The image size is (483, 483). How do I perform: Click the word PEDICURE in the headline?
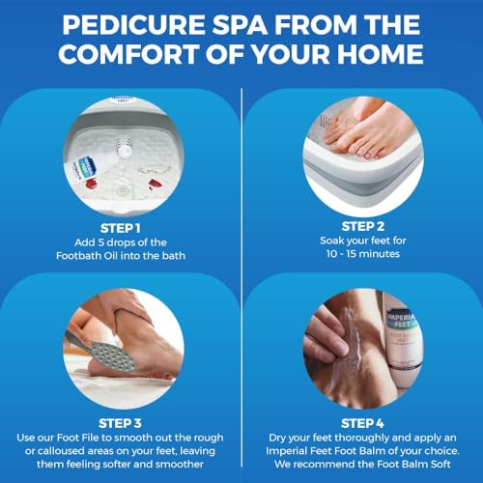[x=133, y=25]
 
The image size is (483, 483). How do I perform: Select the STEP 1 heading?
[x=121, y=228]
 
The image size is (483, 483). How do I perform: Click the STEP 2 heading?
[x=363, y=226]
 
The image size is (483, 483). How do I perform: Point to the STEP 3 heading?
[x=120, y=423]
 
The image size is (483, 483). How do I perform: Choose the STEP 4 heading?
[x=362, y=423]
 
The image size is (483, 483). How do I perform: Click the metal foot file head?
[x=113, y=356]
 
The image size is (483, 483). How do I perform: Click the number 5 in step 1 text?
[x=101, y=242]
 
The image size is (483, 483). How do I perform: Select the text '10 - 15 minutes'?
[x=363, y=254]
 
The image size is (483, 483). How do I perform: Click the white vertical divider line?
[x=241, y=277]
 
